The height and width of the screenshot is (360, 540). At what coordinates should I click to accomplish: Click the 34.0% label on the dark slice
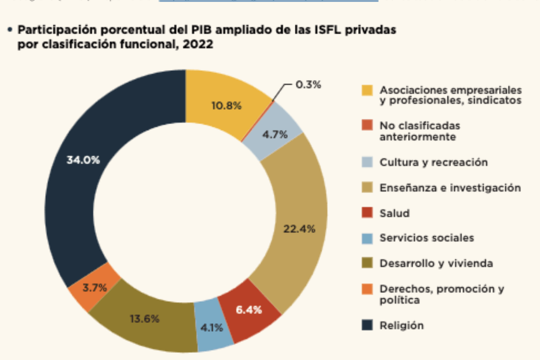(83, 160)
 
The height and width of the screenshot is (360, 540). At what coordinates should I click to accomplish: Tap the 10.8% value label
(226, 106)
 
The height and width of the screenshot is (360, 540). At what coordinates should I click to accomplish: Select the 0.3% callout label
(308, 84)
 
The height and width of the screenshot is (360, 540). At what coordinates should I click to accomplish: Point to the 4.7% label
(275, 135)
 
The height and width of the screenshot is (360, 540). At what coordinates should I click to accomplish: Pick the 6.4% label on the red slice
(248, 310)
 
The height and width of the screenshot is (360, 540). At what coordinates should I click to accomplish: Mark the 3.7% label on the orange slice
(95, 288)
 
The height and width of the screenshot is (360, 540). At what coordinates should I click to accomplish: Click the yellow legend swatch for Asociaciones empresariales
(367, 90)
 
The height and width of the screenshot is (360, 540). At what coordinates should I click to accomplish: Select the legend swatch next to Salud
(367, 213)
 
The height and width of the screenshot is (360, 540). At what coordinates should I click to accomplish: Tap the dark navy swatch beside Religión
(367, 326)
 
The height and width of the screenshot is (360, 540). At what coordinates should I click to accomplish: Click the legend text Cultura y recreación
(433, 162)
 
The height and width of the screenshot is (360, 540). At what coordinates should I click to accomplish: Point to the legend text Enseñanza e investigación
(450, 188)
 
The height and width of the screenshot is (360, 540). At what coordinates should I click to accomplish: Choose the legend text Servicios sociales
(427, 238)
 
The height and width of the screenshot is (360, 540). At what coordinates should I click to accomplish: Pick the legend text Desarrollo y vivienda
(436, 264)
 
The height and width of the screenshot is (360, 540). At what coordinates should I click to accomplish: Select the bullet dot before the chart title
(9, 31)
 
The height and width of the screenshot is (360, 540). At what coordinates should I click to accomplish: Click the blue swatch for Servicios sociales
(367, 238)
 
